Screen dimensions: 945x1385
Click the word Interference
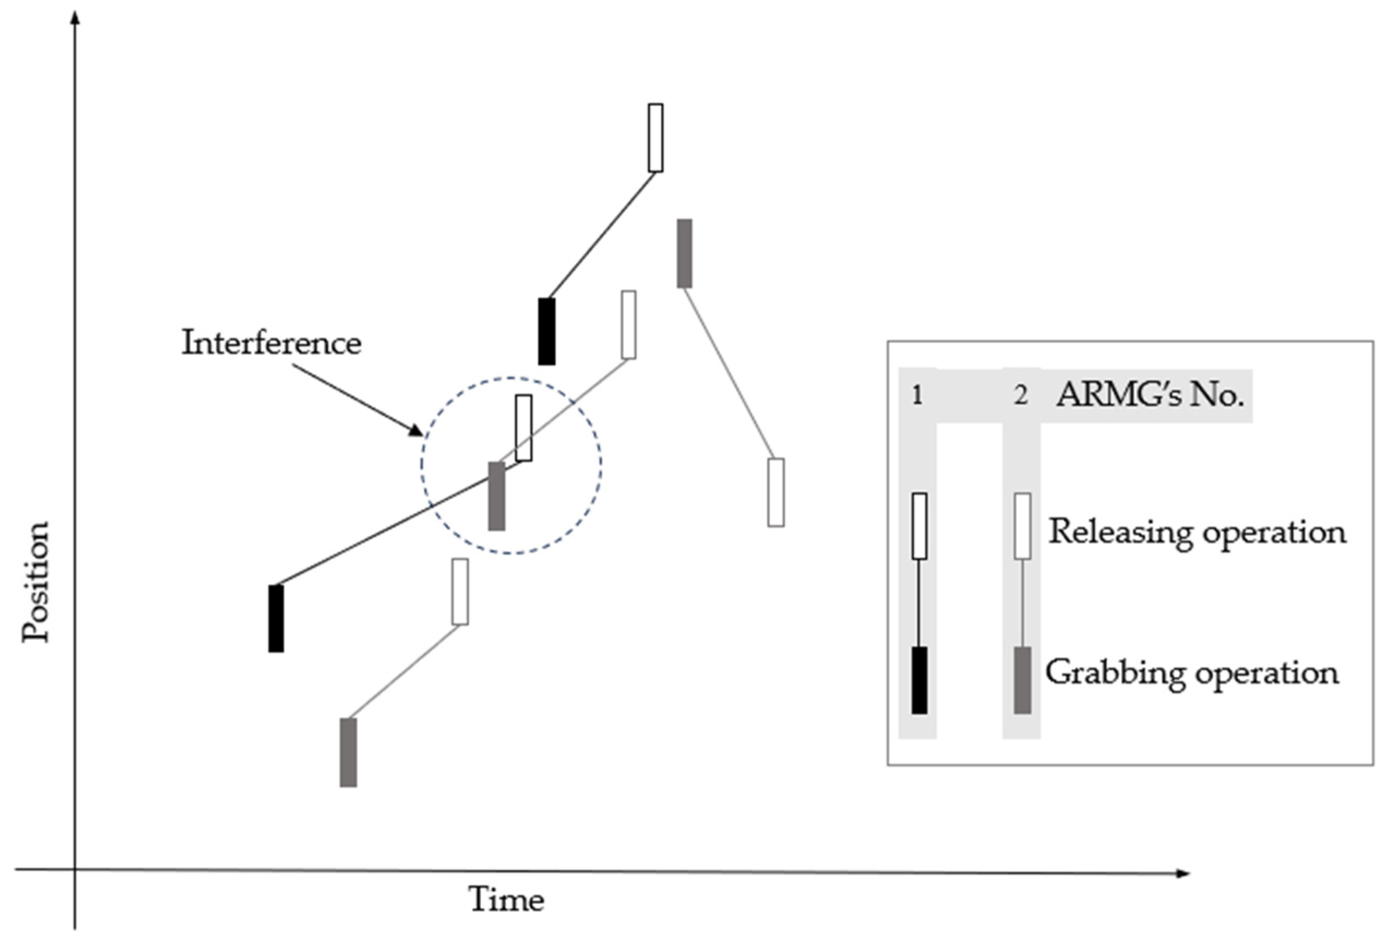(x=271, y=343)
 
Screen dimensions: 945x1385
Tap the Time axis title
(x=506, y=900)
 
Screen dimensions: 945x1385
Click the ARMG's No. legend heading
(x=1149, y=395)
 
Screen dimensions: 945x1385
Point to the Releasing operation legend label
(x=1197, y=531)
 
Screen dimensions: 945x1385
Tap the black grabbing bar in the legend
(x=919, y=680)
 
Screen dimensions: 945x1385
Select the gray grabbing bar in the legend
(x=1022, y=680)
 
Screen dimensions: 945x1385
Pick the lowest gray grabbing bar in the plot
(x=348, y=752)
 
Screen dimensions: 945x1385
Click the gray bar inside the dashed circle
(x=496, y=496)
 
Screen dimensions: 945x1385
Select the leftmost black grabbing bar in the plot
(x=276, y=618)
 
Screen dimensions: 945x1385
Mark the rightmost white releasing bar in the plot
(x=775, y=493)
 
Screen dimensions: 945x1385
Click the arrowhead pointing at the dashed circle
(x=416, y=430)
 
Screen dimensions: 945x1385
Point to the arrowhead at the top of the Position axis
(x=75, y=17)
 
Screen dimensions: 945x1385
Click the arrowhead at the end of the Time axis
(x=1183, y=874)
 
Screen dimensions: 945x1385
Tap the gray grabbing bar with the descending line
(x=684, y=253)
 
